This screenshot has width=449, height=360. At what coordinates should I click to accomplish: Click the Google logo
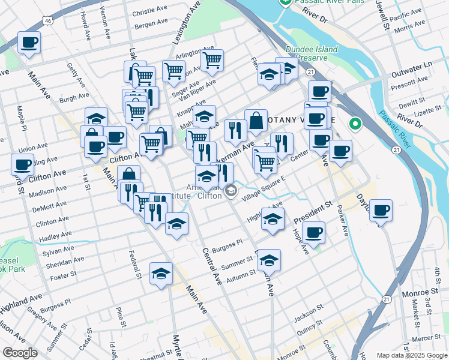(x=20, y=352)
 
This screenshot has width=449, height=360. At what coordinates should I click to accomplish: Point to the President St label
(x=313, y=211)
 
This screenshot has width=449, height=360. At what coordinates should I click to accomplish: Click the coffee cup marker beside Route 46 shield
(x=28, y=43)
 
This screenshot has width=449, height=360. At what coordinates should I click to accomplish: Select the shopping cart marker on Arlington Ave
(x=212, y=59)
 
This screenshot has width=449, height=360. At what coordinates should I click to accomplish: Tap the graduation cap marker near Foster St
(x=161, y=274)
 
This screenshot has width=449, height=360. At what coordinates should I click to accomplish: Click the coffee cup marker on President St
(x=313, y=232)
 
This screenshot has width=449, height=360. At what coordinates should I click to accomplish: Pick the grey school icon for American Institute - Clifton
(x=231, y=191)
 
